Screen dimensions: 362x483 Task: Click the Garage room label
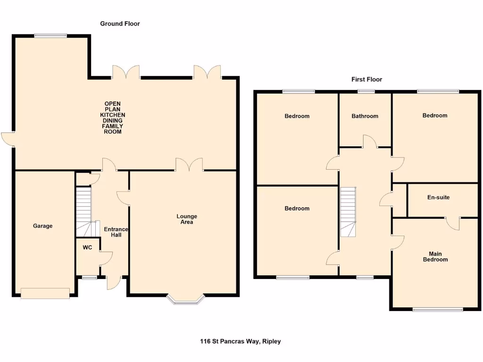[42, 226]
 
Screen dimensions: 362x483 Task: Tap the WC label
[87, 247]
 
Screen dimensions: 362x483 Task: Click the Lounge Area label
[187, 219]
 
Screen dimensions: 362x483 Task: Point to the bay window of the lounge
[186, 299]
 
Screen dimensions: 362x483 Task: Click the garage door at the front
[45, 293]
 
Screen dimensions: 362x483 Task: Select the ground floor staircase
[84, 211]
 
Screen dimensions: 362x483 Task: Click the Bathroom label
[365, 116]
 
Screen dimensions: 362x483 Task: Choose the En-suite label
[438, 197]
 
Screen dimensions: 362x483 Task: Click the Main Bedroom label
[435, 256]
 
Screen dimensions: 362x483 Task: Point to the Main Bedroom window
[438, 310]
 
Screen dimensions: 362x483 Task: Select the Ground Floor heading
[120, 24]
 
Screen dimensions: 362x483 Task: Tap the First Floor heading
[366, 80]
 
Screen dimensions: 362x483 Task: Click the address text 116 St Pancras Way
[240, 341]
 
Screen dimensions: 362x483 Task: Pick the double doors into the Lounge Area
[189, 165]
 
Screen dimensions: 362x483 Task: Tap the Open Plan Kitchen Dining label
[113, 118]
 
